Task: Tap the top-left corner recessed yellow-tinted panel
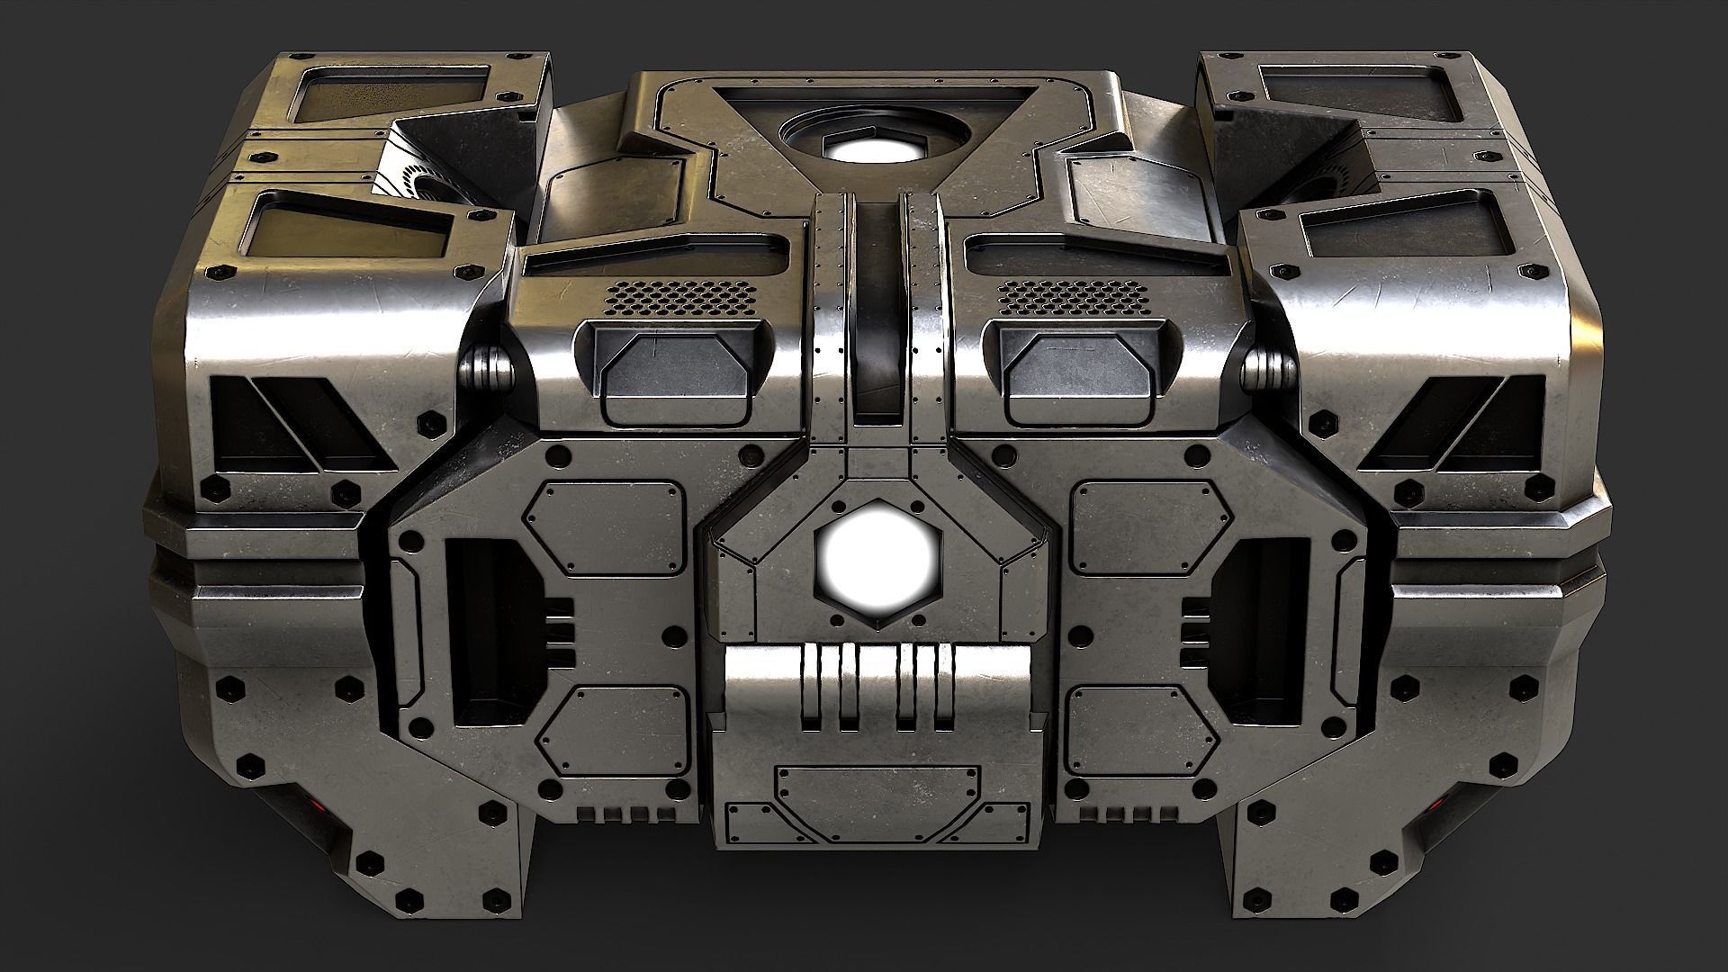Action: coord(396,99)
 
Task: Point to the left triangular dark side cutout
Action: coord(297,423)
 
